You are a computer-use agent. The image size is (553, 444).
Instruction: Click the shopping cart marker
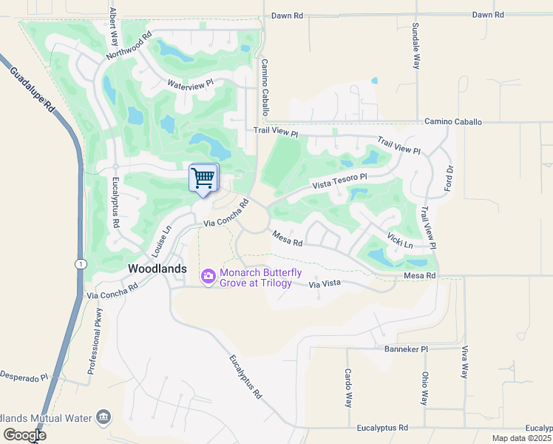point(203,178)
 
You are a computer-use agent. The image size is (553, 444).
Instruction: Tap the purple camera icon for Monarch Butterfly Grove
point(208,276)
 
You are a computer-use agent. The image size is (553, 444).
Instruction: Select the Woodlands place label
point(157,269)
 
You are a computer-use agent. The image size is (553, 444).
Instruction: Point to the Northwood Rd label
point(129,45)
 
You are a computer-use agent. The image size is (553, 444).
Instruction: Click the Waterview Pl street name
point(190,84)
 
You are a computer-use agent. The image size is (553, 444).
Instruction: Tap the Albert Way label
point(114,27)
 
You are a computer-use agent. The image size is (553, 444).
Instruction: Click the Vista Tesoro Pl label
point(339,181)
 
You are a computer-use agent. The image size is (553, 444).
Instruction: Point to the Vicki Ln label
point(400,240)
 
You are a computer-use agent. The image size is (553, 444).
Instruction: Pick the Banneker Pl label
point(406,349)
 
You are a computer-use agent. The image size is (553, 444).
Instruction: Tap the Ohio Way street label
point(425,388)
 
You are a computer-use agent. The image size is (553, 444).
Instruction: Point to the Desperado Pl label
point(24,377)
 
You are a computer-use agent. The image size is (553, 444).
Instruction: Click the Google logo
point(24,434)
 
